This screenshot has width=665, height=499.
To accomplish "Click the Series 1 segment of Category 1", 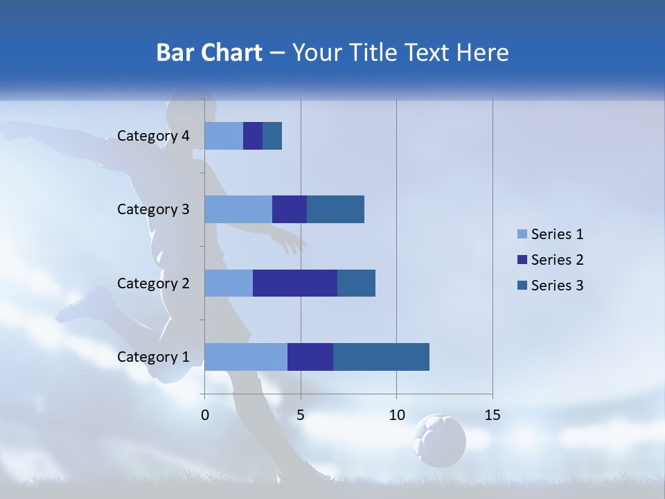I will coord(246,356).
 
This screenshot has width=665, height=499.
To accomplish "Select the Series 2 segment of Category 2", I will coord(295,283).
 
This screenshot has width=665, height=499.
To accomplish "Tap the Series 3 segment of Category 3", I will coord(335,209).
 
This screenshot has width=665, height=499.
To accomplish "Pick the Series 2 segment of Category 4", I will coord(253,136).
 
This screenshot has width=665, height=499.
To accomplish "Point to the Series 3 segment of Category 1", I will coord(381,356).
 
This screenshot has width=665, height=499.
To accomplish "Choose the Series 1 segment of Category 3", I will coord(238,209).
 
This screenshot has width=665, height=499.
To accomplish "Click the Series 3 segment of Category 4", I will coord(272,136).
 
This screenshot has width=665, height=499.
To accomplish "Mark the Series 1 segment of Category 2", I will coord(229,283).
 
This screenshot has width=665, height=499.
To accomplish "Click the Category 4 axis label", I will coord(153,136).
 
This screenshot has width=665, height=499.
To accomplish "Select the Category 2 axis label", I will coord(153,283).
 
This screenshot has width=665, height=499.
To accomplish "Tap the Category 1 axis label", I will coord(153,357).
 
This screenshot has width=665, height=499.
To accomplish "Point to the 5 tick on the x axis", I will coord(301,415).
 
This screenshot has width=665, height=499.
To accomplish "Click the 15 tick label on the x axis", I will coord(493,415).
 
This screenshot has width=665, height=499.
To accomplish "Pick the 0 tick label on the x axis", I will coord(205,415).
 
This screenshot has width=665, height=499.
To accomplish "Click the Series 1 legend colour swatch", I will coord(522,234).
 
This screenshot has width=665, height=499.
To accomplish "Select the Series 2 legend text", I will coord(557,260).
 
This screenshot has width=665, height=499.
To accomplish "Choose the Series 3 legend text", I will coord(557,286).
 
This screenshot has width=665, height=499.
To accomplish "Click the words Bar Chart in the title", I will coord(209,53).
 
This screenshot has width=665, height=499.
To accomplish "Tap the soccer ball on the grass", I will coord(439,440).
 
